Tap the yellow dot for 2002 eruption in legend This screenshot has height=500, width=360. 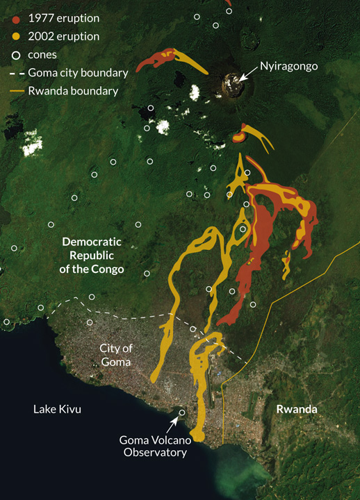pyautogui.click(x=16, y=36)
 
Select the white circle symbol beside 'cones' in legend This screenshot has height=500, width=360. pyautogui.click(x=16, y=54)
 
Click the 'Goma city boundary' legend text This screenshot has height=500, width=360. pyautogui.click(x=78, y=72)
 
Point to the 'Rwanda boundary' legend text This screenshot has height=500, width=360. pyautogui.click(x=73, y=90)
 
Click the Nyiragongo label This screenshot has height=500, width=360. pyautogui.click(x=288, y=67)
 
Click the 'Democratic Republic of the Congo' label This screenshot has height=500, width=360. pyautogui.click(x=92, y=255)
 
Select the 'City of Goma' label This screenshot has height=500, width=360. pyautogui.click(x=116, y=355)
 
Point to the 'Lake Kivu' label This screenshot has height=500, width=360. pyautogui.click(x=57, y=409)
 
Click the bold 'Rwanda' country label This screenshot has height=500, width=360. pyautogui.click(x=297, y=409)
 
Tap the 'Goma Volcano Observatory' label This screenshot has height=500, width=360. pyautogui.click(x=153, y=446)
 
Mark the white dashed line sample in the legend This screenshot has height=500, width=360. pyautogui.click(x=16, y=72)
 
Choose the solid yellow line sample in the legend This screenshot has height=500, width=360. pyautogui.click(x=16, y=90)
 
